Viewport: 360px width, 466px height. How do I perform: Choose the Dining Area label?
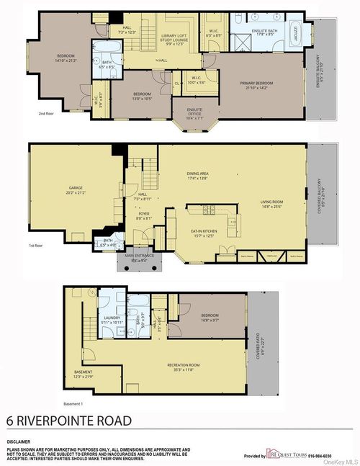point(197,175)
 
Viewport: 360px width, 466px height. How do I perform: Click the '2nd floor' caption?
point(47,114)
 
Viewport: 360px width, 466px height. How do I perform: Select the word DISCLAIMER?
point(19,441)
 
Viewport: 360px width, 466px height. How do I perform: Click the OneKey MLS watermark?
point(341,462)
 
